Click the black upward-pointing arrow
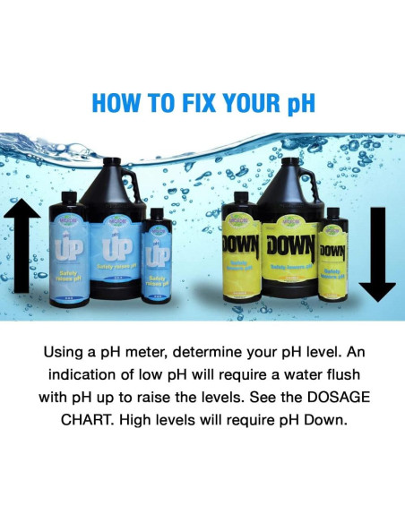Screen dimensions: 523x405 28,245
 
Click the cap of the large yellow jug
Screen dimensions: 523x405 290,166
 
